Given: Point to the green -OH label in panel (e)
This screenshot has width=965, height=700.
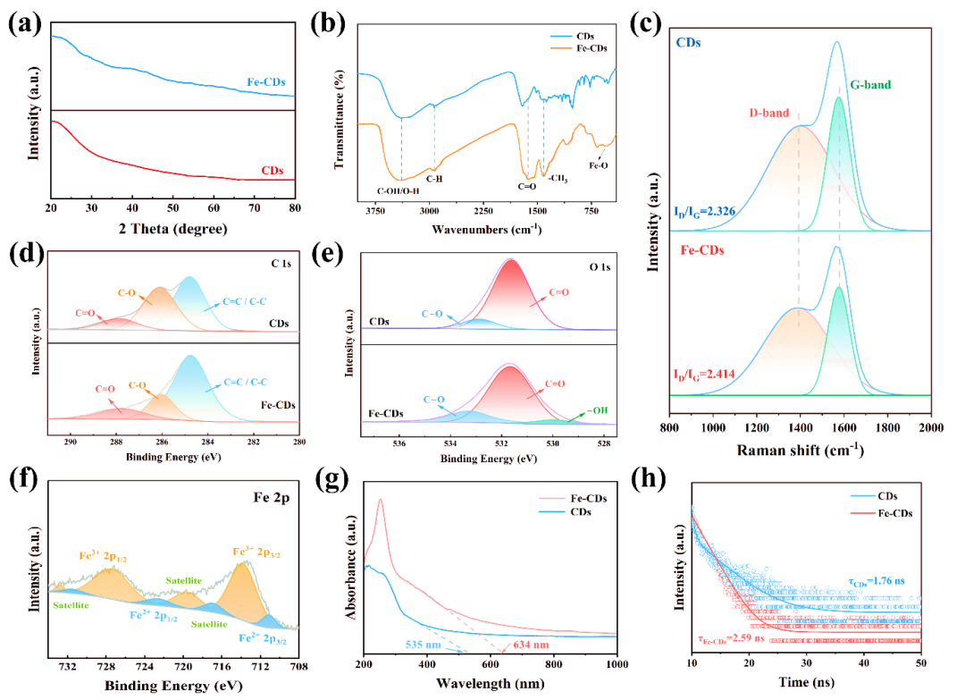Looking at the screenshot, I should click(583, 410).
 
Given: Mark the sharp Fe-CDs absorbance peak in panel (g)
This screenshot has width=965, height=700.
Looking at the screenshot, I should click(381, 501).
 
